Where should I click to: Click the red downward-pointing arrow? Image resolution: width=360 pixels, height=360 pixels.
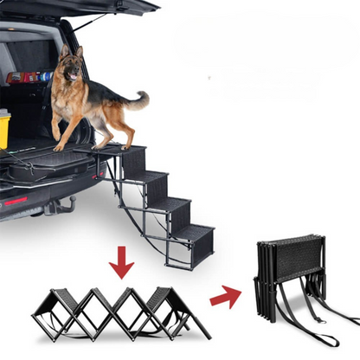(x=121, y=260)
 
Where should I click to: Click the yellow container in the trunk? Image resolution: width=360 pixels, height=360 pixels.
(x=4, y=129)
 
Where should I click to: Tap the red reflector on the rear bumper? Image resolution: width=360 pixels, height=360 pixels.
(x=16, y=201)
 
